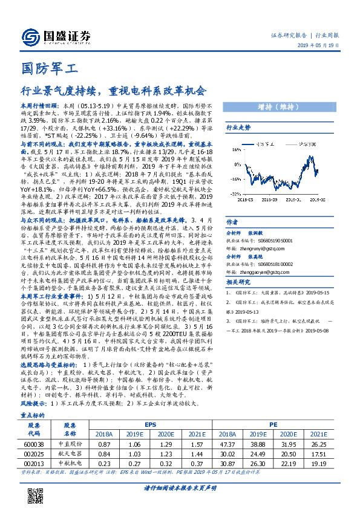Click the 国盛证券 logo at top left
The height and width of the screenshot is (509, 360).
[56, 36]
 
